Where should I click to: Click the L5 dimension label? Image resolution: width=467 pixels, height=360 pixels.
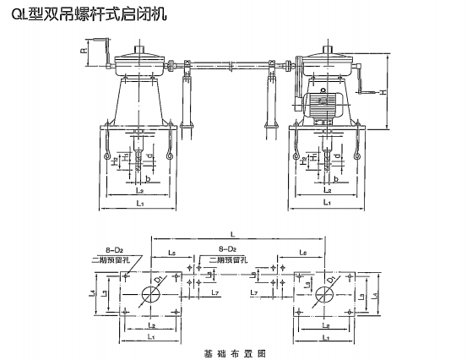pos(171,253)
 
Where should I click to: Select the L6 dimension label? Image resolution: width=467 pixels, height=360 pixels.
pos(302,253)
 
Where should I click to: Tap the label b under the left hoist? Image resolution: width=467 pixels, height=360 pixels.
pos(149,180)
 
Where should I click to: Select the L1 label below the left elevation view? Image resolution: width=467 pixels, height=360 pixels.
pos(139,204)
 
